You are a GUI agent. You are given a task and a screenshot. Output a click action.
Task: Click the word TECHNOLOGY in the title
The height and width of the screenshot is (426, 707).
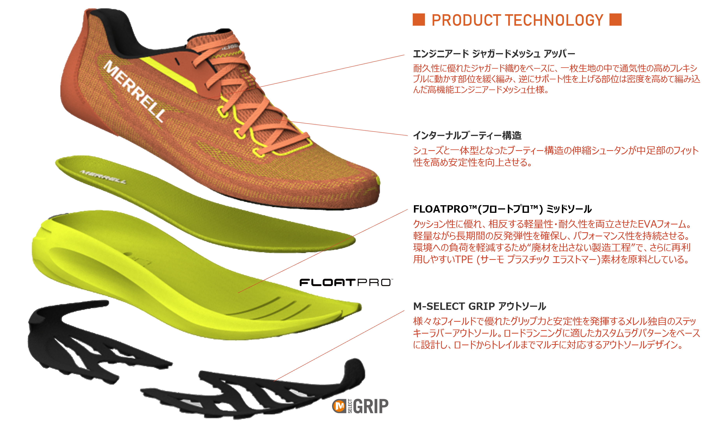tap(554, 20)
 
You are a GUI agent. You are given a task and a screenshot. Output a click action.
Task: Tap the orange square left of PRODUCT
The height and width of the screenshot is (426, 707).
tap(419, 20)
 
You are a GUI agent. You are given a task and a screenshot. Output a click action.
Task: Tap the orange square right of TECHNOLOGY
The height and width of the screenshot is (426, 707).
tap(615, 20)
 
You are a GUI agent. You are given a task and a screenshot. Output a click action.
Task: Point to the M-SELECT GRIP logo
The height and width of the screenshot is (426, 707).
tap(360, 406)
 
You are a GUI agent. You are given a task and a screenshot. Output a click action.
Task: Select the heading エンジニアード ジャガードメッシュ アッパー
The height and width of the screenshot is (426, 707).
tap(494, 53)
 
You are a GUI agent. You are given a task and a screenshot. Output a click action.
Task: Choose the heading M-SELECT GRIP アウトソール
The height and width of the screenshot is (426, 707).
tap(479, 306)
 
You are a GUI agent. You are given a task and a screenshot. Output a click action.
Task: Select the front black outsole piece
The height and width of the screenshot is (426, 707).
tap(258, 393)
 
